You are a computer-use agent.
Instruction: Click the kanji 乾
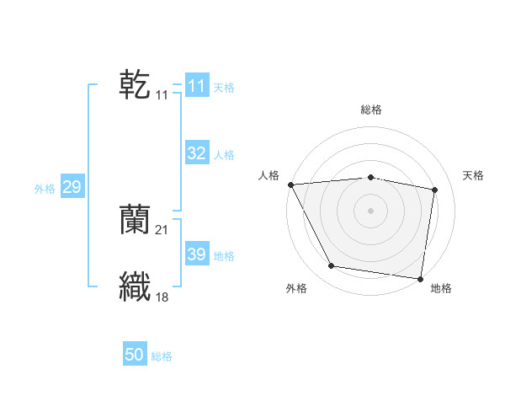(x=135, y=85)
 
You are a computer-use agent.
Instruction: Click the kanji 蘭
(x=135, y=219)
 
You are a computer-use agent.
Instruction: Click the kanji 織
(x=135, y=286)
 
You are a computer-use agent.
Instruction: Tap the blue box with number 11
(x=196, y=86)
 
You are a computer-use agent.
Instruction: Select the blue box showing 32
(x=196, y=153)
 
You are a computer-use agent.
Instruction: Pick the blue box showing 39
(x=196, y=254)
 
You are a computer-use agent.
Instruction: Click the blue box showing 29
(x=72, y=187)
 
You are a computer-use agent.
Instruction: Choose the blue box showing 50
(x=135, y=355)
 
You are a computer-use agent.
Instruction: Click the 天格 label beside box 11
(x=224, y=88)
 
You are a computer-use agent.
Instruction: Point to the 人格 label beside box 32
(x=224, y=155)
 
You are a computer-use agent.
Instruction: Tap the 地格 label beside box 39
(x=224, y=256)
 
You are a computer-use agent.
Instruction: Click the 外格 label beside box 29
(x=45, y=189)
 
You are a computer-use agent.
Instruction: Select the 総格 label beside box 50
(x=162, y=356)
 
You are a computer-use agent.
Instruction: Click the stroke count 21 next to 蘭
(x=162, y=229)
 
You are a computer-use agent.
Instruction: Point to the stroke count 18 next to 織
(x=162, y=296)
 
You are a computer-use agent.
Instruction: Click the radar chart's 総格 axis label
(x=371, y=110)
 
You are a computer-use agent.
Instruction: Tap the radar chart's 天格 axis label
(x=474, y=175)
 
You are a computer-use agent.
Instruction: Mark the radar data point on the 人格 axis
(x=290, y=185)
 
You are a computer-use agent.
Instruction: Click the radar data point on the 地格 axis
(x=420, y=278)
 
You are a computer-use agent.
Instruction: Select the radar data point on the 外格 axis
(x=332, y=266)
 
